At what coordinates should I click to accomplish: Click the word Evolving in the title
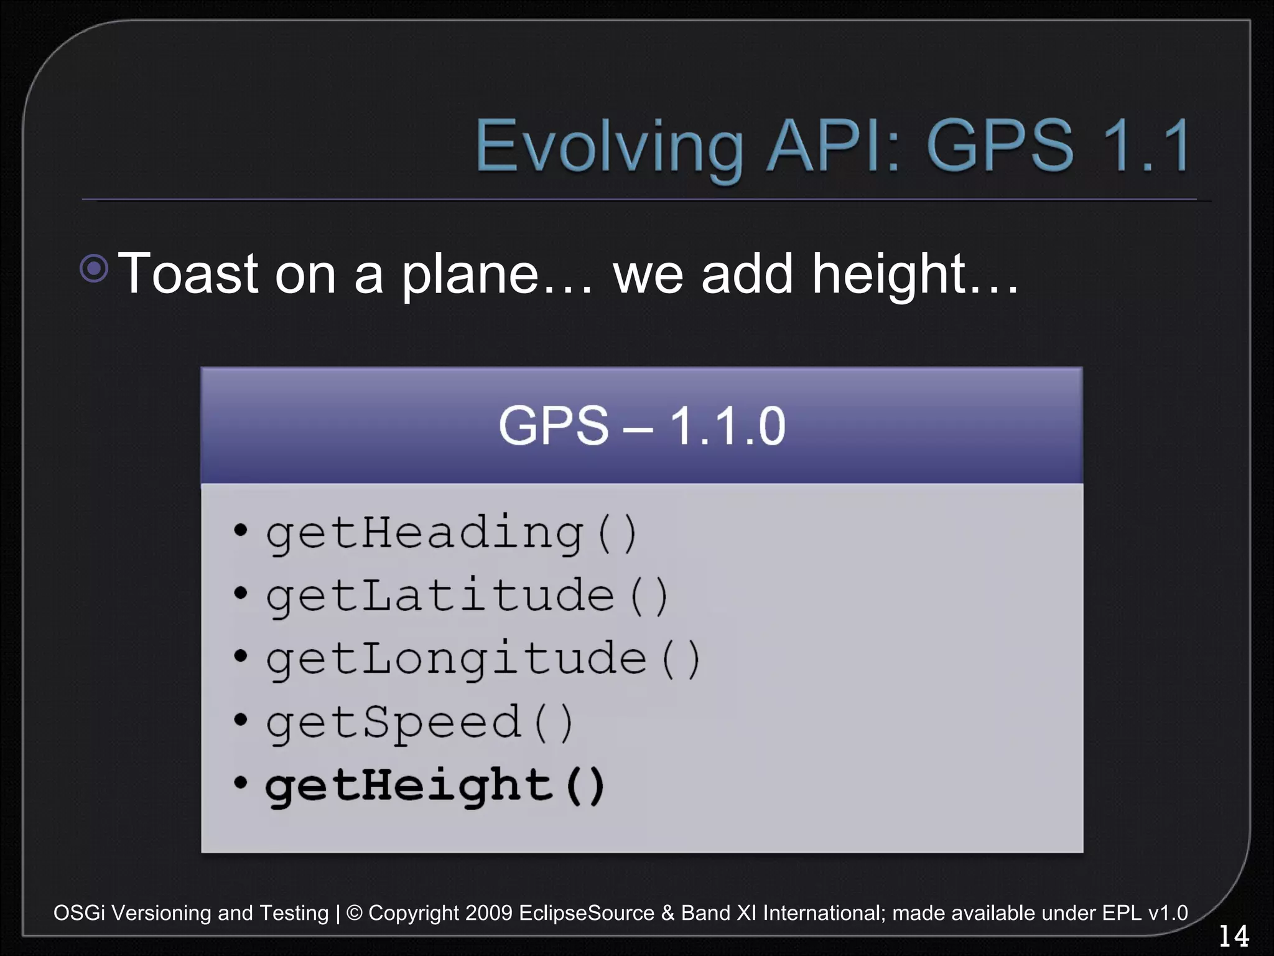click(608, 147)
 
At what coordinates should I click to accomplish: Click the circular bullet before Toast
click(95, 269)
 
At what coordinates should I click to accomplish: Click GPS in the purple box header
click(554, 426)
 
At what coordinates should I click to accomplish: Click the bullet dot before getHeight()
click(240, 783)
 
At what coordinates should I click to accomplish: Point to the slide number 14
click(1233, 936)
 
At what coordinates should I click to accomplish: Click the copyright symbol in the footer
click(354, 913)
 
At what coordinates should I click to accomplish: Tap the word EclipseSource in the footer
click(586, 913)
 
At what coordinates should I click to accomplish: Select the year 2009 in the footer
click(488, 913)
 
